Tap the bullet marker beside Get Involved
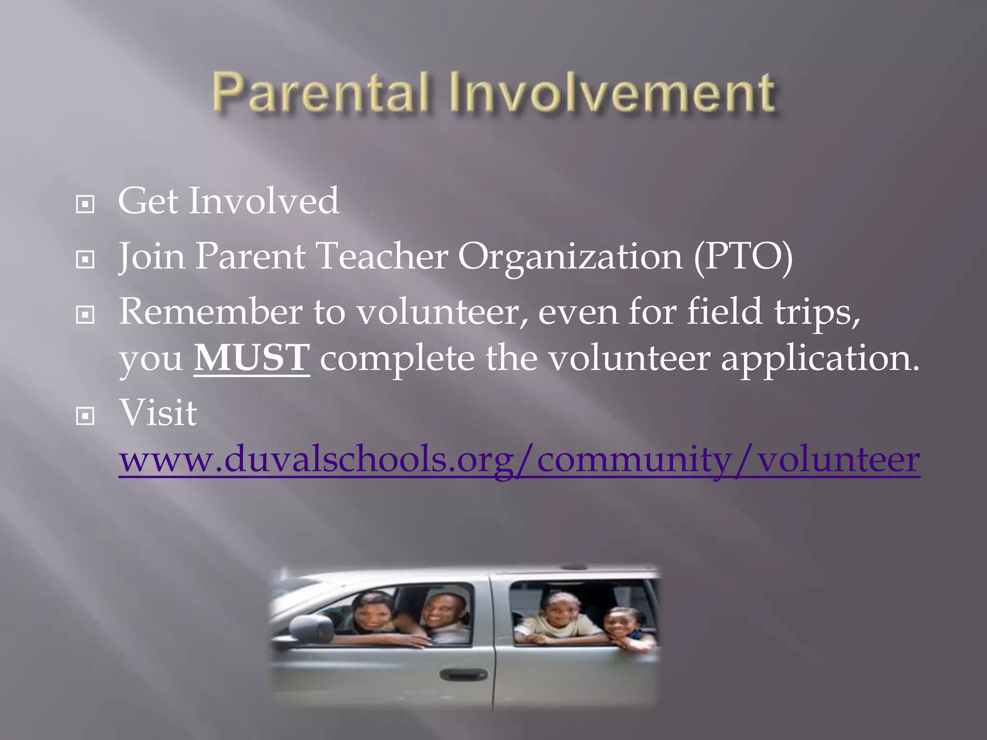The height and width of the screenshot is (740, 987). point(85,205)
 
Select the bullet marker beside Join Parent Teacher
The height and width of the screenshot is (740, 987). point(85,260)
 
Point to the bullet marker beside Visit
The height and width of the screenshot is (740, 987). point(85,416)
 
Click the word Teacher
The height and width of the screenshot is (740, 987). point(382,256)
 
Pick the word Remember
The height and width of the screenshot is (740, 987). point(211,312)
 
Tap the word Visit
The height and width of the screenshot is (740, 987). point(158,413)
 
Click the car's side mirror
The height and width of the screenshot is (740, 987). point(312,628)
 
